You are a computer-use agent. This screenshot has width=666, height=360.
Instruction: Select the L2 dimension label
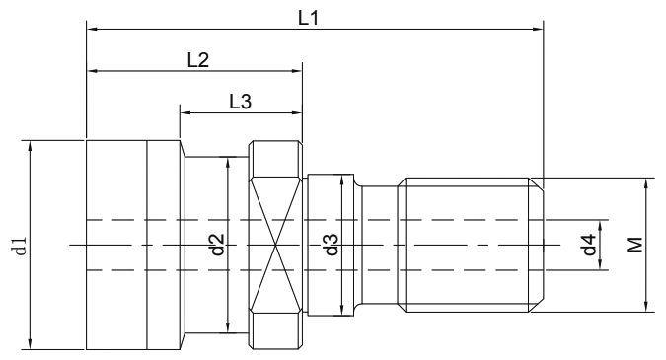coord(197,60)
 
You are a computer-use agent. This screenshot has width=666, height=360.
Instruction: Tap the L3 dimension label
coord(241,101)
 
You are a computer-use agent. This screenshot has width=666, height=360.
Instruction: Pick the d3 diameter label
coord(333,245)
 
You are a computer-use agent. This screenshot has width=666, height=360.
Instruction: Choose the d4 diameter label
coord(588,246)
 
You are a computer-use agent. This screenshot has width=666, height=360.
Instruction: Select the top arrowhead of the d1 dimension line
coord(33,144)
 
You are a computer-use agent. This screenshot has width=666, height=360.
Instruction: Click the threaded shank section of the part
coord(469,245)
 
